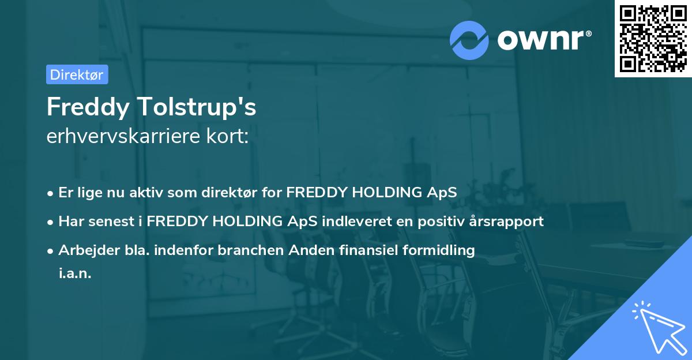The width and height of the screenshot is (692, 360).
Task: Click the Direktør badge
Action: (x=77, y=74)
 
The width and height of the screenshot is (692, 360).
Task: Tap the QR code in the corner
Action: (x=653, y=38)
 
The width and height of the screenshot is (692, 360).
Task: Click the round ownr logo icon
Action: (x=469, y=40)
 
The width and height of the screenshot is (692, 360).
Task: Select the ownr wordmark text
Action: (x=543, y=40)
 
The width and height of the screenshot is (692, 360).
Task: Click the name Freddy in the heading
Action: (x=86, y=107)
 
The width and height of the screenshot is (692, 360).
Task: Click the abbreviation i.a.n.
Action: (x=75, y=273)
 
